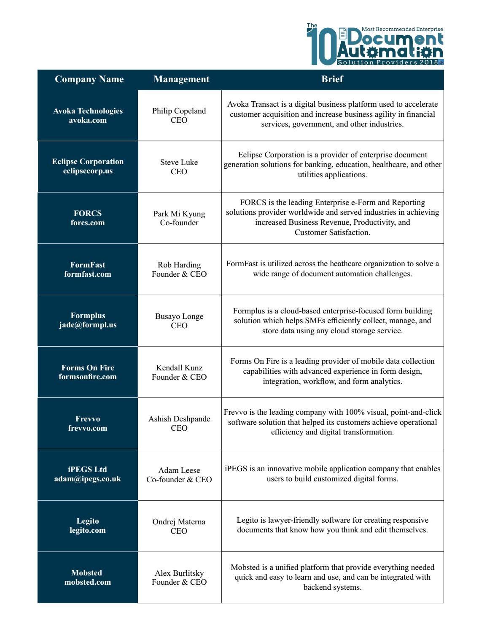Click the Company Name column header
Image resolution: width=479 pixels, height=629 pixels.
tap(89, 79)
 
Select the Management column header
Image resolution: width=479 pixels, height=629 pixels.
tap(181, 79)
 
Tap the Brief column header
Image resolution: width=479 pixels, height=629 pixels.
tap(332, 79)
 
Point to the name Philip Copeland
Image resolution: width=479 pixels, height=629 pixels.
tap(179, 111)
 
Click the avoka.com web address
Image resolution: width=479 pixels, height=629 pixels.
tap(88, 121)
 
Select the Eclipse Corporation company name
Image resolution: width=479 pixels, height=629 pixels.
tap(88, 162)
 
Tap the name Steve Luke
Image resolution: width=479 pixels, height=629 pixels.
tap(179, 162)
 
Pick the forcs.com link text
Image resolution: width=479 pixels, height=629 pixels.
tap(88, 223)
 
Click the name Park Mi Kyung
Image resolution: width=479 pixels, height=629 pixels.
tap(179, 214)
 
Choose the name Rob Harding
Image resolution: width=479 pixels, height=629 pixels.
tap(179, 265)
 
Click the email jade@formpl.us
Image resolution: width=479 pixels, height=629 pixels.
tap(88, 325)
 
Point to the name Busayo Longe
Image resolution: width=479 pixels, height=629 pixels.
tap(179, 316)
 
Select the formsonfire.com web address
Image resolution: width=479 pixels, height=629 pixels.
tap(88, 377)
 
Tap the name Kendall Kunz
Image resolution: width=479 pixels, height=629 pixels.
tap(179, 368)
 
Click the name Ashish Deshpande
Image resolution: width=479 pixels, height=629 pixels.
tap(179, 419)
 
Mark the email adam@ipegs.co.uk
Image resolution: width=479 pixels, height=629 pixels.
tap(88, 479)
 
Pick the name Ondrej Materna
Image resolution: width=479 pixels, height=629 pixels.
tap(179, 522)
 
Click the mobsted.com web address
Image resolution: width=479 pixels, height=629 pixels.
tap(88, 582)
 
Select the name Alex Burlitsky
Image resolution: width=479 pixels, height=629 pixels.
tap(179, 573)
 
